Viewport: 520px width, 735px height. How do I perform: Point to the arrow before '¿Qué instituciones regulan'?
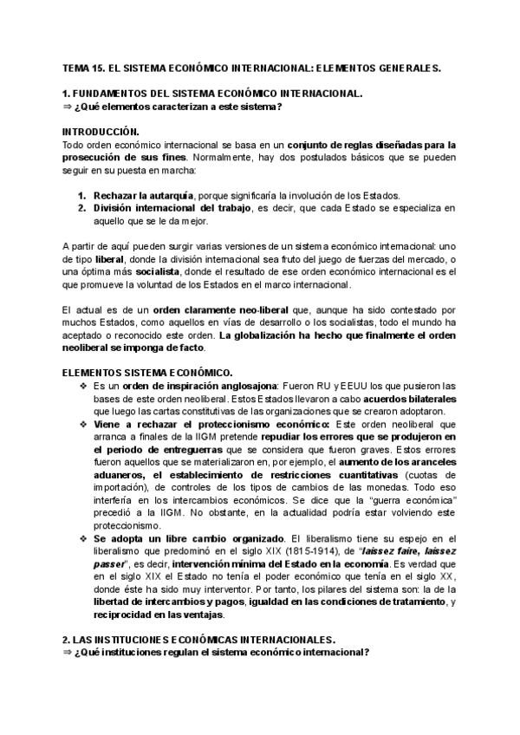click(x=68, y=653)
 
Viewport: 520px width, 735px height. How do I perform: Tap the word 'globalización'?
click(x=263, y=335)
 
